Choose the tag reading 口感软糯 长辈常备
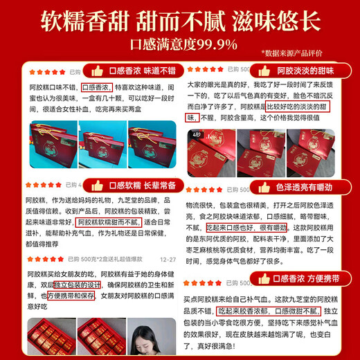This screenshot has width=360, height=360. click(138, 185)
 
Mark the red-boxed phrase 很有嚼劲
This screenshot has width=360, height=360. click(290, 226)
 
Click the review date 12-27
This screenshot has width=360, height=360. click(167, 260)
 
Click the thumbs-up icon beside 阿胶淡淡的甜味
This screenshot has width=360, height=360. click(263, 71)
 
